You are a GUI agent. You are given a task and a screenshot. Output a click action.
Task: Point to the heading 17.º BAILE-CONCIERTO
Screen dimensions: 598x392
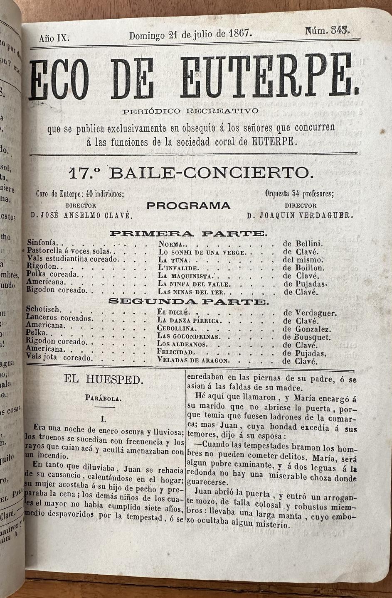(189, 172)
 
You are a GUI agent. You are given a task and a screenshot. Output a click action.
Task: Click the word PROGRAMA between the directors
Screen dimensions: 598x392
(188, 206)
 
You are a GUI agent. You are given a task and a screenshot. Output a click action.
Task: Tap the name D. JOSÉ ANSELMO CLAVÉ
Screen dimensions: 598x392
(81, 215)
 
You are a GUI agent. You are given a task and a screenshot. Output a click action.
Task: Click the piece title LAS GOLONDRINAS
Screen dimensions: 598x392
(188, 337)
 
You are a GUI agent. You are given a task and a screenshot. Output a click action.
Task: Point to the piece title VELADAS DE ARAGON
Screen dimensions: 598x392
(193, 360)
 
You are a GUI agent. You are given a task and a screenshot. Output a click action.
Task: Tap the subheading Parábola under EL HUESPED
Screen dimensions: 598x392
(103, 398)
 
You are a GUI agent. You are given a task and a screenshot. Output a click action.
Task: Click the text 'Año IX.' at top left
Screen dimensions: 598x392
(54, 39)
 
